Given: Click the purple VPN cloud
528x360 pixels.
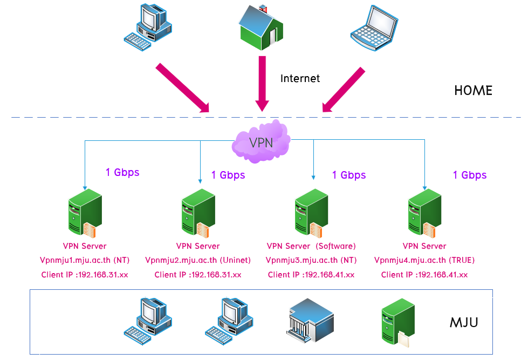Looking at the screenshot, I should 261,142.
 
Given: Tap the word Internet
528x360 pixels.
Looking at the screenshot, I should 300,79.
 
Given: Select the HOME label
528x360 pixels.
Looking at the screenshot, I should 473,90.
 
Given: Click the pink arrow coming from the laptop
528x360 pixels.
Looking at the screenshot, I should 343,90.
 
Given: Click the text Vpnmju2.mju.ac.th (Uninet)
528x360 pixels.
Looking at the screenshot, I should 198,260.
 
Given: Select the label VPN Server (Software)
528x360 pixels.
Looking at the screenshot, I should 311,246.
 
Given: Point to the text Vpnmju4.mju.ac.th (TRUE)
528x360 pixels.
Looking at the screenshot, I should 424,260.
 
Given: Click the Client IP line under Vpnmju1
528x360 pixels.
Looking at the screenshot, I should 85,275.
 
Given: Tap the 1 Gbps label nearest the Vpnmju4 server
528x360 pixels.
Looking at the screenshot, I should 469,175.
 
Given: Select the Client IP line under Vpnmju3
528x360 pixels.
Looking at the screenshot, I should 311,275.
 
